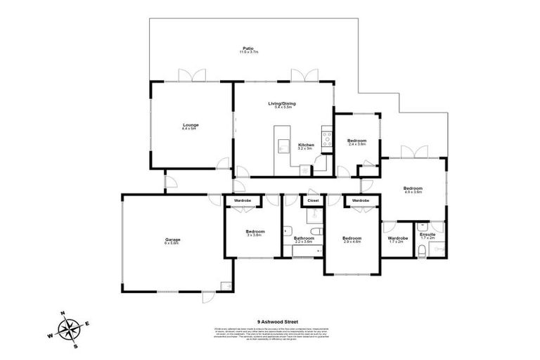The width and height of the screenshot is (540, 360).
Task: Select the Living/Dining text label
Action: (x=281, y=103)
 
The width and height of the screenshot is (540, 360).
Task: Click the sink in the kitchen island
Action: (x=284, y=147)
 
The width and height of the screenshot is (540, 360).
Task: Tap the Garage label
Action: (x=172, y=240)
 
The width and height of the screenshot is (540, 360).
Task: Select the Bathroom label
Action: (x=303, y=238)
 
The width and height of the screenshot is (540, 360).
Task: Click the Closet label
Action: (x=313, y=200)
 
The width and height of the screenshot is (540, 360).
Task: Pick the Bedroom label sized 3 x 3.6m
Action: (x=254, y=232)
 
